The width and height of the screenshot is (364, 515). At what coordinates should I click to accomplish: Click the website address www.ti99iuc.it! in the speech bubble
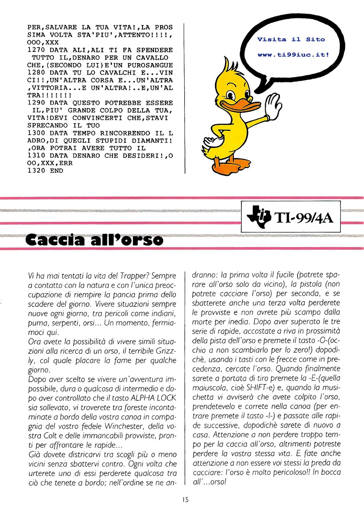coord(293,55)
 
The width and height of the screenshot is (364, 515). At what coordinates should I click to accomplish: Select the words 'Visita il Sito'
coord(291,39)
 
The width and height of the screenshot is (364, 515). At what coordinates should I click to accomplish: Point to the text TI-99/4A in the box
coord(304,219)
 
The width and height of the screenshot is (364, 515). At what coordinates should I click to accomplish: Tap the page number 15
coord(185,499)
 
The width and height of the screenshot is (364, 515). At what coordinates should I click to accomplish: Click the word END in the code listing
coord(57,171)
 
